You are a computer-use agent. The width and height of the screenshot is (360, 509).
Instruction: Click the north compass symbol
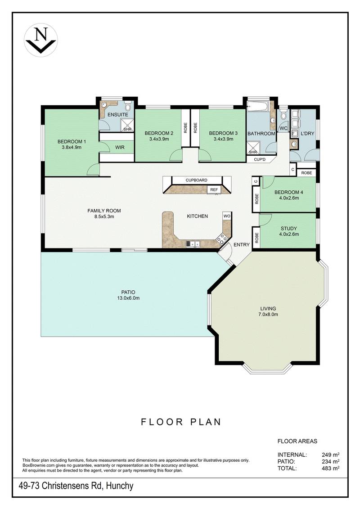click(41, 40)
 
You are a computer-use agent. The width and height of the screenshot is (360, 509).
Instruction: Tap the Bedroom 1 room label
click(72, 141)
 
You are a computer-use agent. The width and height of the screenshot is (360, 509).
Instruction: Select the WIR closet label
click(120, 147)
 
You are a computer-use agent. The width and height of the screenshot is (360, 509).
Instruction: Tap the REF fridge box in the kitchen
click(214, 189)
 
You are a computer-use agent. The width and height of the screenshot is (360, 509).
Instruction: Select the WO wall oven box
click(227, 216)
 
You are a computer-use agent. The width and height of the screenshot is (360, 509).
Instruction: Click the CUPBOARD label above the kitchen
click(196, 180)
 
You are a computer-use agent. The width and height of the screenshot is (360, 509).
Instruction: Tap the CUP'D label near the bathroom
click(260, 159)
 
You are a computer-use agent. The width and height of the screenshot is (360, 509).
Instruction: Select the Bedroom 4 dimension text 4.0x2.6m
click(288, 198)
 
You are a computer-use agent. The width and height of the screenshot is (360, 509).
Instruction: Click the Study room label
click(288, 229)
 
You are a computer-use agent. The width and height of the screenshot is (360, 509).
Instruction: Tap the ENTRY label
click(242, 244)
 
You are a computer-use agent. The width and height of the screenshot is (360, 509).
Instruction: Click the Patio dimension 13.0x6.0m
click(128, 298)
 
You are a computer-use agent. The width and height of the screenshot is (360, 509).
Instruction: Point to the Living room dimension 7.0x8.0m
click(268, 314)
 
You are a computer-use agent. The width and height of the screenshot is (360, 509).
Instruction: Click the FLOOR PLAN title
click(181, 422)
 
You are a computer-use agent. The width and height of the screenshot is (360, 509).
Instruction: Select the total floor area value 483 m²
click(330, 468)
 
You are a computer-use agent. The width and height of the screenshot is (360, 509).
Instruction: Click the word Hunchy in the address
click(120, 486)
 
